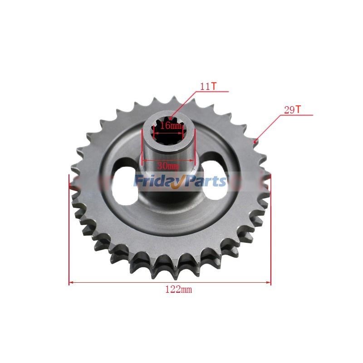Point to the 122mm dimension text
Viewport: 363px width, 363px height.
tap(178, 289)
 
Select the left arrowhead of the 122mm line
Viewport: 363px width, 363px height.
tap(71, 283)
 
